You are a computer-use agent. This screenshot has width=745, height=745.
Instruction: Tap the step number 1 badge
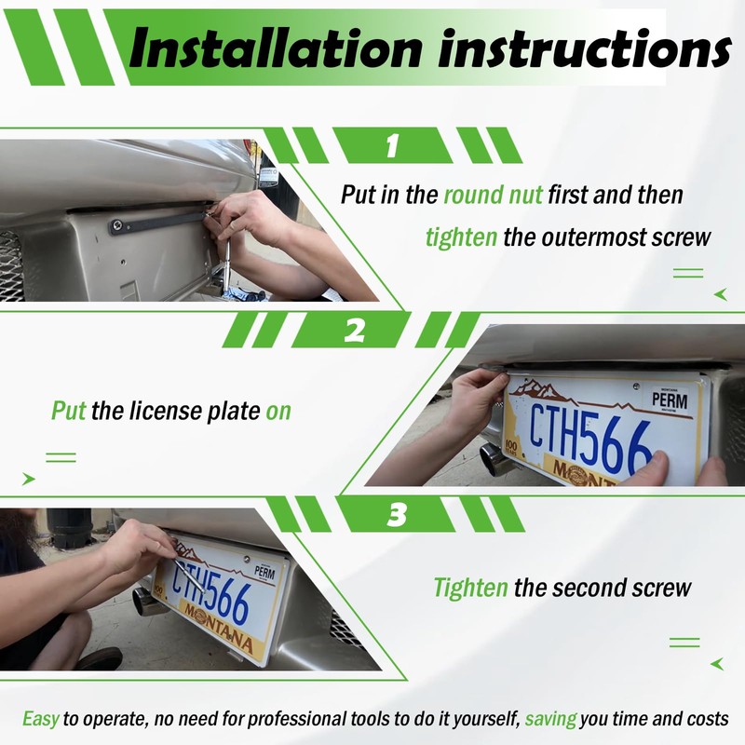[x=392, y=145]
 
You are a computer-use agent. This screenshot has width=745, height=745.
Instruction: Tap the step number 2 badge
[x=354, y=330]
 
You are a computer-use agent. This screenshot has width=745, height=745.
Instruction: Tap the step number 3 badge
[x=398, y=514]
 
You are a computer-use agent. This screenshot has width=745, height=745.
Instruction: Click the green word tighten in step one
[x=462, y=237]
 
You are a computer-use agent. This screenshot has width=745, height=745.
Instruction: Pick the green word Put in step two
[x=68, y=411]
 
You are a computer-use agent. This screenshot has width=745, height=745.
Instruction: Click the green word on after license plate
[x=278, y=411]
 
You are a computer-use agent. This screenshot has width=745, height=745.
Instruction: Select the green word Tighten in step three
[x=471, y=589]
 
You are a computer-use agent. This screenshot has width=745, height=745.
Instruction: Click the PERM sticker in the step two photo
[x=670, y=400]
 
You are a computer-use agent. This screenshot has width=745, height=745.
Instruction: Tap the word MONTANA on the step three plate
[x=217, y=627]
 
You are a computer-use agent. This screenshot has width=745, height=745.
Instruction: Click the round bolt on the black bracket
[x=119, y=223]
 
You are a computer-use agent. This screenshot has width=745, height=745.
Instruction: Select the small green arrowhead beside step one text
[x=720, y=294]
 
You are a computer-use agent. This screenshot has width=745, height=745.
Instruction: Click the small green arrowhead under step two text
[x=28, y=479]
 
